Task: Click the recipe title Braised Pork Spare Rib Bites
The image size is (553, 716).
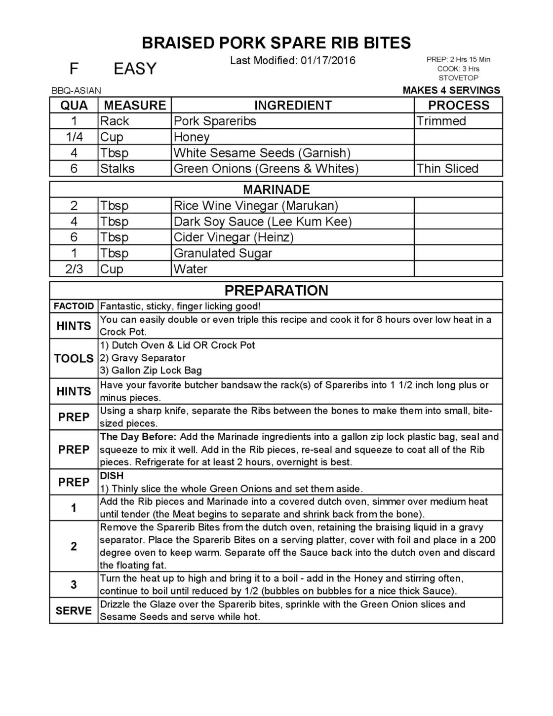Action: coord(276,43)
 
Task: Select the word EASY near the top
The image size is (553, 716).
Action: coord(135,69)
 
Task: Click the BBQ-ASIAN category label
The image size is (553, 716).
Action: coord(76,91)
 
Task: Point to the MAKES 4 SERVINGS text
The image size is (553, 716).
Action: coord(451,90)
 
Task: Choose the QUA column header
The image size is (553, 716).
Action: coord(74,105)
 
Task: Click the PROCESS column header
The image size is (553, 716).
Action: coord(458,105)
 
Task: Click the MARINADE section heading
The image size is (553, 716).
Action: coord(276,189)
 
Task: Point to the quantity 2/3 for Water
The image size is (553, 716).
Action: coord(74,269)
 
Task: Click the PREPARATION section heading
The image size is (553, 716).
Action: coord(276,290)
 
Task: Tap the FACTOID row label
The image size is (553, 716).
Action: coord(74,306)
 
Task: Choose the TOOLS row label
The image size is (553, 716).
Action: coord(74,358)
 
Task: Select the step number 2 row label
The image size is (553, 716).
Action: coord(74,546)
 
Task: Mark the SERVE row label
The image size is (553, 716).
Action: coord(74,610)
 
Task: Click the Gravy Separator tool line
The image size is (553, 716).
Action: coord(143,358)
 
